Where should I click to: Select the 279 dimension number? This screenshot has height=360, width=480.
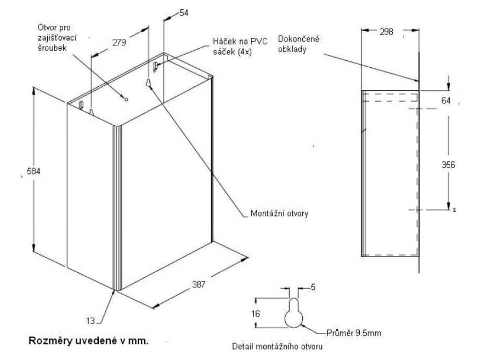118,42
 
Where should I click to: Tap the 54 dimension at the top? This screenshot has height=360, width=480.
184,13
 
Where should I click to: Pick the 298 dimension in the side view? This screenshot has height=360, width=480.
387,33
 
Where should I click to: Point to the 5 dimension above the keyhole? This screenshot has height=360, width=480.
313,287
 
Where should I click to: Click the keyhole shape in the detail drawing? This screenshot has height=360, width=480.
293,314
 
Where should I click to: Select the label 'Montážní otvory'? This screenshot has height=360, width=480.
279,214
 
